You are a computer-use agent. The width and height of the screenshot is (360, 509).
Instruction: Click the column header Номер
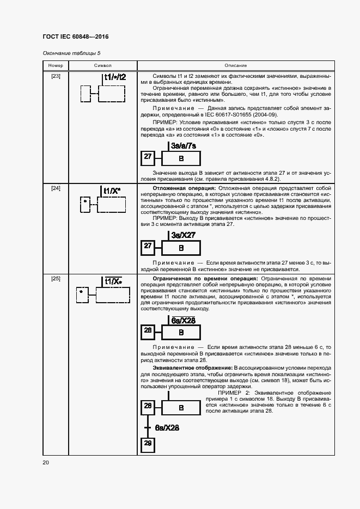56,65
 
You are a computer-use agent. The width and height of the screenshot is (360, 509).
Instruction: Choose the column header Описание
235,65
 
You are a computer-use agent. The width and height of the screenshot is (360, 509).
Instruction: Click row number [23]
56,76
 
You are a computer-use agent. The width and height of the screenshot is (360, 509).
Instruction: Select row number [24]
56,188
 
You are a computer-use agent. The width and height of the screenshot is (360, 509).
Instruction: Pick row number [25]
56,279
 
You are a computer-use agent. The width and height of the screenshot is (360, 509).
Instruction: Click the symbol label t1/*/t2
115,77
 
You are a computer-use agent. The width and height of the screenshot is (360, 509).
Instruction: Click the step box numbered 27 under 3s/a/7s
147,157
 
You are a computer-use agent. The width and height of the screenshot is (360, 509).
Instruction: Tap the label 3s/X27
183,235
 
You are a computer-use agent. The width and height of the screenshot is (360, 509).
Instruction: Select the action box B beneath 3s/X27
181,248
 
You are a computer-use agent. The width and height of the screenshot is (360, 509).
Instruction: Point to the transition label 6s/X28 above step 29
167,428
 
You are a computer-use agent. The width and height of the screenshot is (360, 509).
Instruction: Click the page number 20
46,462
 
